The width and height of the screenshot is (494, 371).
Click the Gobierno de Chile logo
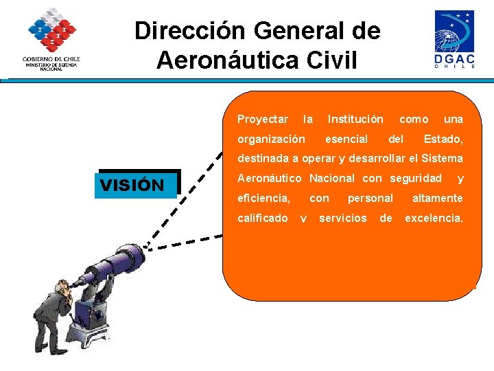(x=51, y=39)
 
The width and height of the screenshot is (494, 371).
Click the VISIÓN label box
(x=137, y=185)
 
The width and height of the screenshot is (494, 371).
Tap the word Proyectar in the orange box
(x=262, y=120)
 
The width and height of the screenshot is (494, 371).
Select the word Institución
(x=355, y=120)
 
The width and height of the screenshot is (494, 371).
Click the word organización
(x=271, y=139)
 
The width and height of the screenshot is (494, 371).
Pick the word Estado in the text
(x=443, y=139)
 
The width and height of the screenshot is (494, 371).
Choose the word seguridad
(x=416, y=179)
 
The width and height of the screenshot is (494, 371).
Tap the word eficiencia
(x=263, y=199)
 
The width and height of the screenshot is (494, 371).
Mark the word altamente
(x=437, y=199)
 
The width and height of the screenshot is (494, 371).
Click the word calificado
(x=262, y=218)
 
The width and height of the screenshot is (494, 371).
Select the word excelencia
(x=434, y=218)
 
